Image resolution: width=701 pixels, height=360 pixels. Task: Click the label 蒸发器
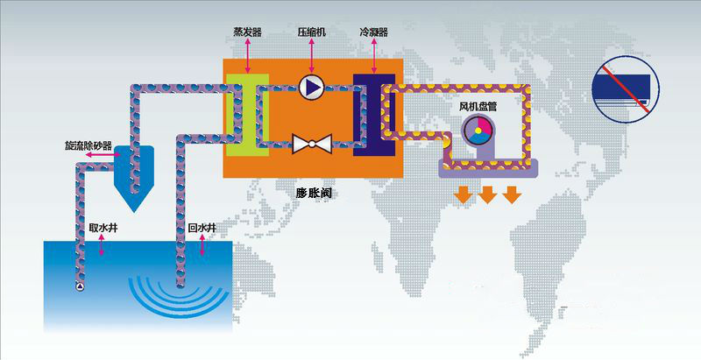tap(247, 32)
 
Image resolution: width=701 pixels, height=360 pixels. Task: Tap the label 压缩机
tap(312, 32)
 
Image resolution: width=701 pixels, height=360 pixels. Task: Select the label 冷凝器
tap(374, 32)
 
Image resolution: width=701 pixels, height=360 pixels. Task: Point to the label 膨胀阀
tap(314, 194)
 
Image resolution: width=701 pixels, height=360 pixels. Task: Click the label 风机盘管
tap(478, 107)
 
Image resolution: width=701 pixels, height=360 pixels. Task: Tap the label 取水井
tap(103, 229)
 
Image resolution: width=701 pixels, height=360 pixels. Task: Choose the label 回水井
tap(202, 229)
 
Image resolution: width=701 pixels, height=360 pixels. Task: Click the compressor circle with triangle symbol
tap(312, 87)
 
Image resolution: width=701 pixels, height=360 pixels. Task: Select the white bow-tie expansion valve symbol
tap(312, 144)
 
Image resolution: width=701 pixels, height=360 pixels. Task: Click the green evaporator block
tap(247, 115)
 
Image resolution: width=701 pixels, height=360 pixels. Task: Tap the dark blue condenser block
tap(374, 115)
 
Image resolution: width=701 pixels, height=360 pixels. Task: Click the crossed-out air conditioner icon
tap(626, 89)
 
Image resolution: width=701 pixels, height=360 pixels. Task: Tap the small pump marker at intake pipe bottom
tap(80, 286)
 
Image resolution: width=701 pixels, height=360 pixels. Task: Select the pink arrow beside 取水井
tap(102, 244)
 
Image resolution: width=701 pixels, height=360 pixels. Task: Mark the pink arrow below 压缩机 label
tap(312, 56)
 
